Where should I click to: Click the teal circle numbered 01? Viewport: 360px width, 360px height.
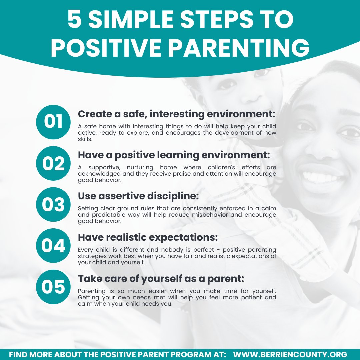click(x=53, y=122)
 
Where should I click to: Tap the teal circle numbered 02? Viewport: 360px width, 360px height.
click(x=53, y=163)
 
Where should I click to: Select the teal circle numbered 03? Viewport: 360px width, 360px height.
click(x=53, y=205)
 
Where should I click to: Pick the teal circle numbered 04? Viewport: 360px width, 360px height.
click(x=53, y=246)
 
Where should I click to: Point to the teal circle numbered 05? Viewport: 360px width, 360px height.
click(x=53, y=287)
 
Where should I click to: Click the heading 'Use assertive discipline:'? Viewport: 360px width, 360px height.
click(x=138, y=196)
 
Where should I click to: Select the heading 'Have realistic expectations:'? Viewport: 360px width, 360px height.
click(x=148, y=237)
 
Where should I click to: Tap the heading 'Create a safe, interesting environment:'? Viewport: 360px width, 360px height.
click(x=176, y=114)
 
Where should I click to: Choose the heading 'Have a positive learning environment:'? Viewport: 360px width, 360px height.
click(x=174, y=155)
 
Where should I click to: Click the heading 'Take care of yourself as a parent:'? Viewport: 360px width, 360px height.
click(x=161, y=279)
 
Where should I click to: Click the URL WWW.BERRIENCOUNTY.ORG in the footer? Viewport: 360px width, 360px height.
click(x=290, y=354)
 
